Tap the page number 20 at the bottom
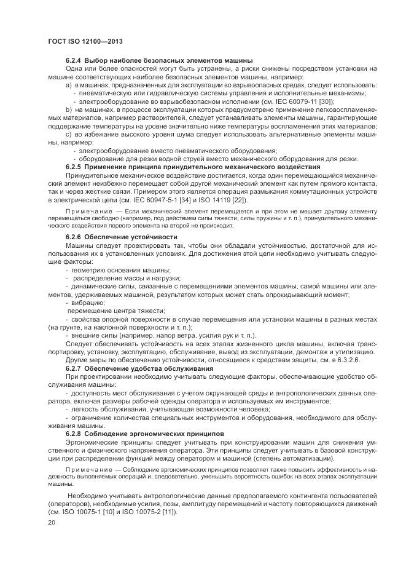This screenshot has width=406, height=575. point(51,523)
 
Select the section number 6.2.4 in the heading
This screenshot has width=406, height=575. point(73,60)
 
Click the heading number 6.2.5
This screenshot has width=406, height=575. point(73,167)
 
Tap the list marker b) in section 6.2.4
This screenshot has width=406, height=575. point(69,108)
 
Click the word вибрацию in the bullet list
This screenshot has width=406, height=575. point(88,303)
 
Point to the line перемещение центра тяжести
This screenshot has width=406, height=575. point(108,311)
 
